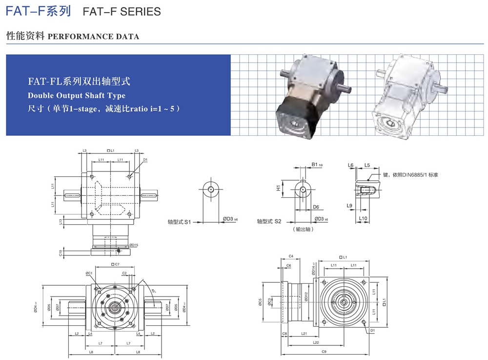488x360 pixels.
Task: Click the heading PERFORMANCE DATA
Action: (x=94, y=37)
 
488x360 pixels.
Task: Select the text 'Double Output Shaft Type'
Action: (x=77, y=95)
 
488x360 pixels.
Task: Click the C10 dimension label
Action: (x=60, y=253)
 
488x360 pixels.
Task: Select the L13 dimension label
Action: (x=60, y=222)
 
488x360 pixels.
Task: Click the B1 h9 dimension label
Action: (x=317, y=166)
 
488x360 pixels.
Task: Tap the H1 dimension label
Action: (x=279, y=187)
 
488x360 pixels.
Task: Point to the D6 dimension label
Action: (x=316, y=207)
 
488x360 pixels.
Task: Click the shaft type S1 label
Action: (x=179, y=221)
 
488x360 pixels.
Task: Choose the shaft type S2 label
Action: (x=269, y=221)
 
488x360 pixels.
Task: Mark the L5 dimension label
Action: (x=367, y=166)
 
